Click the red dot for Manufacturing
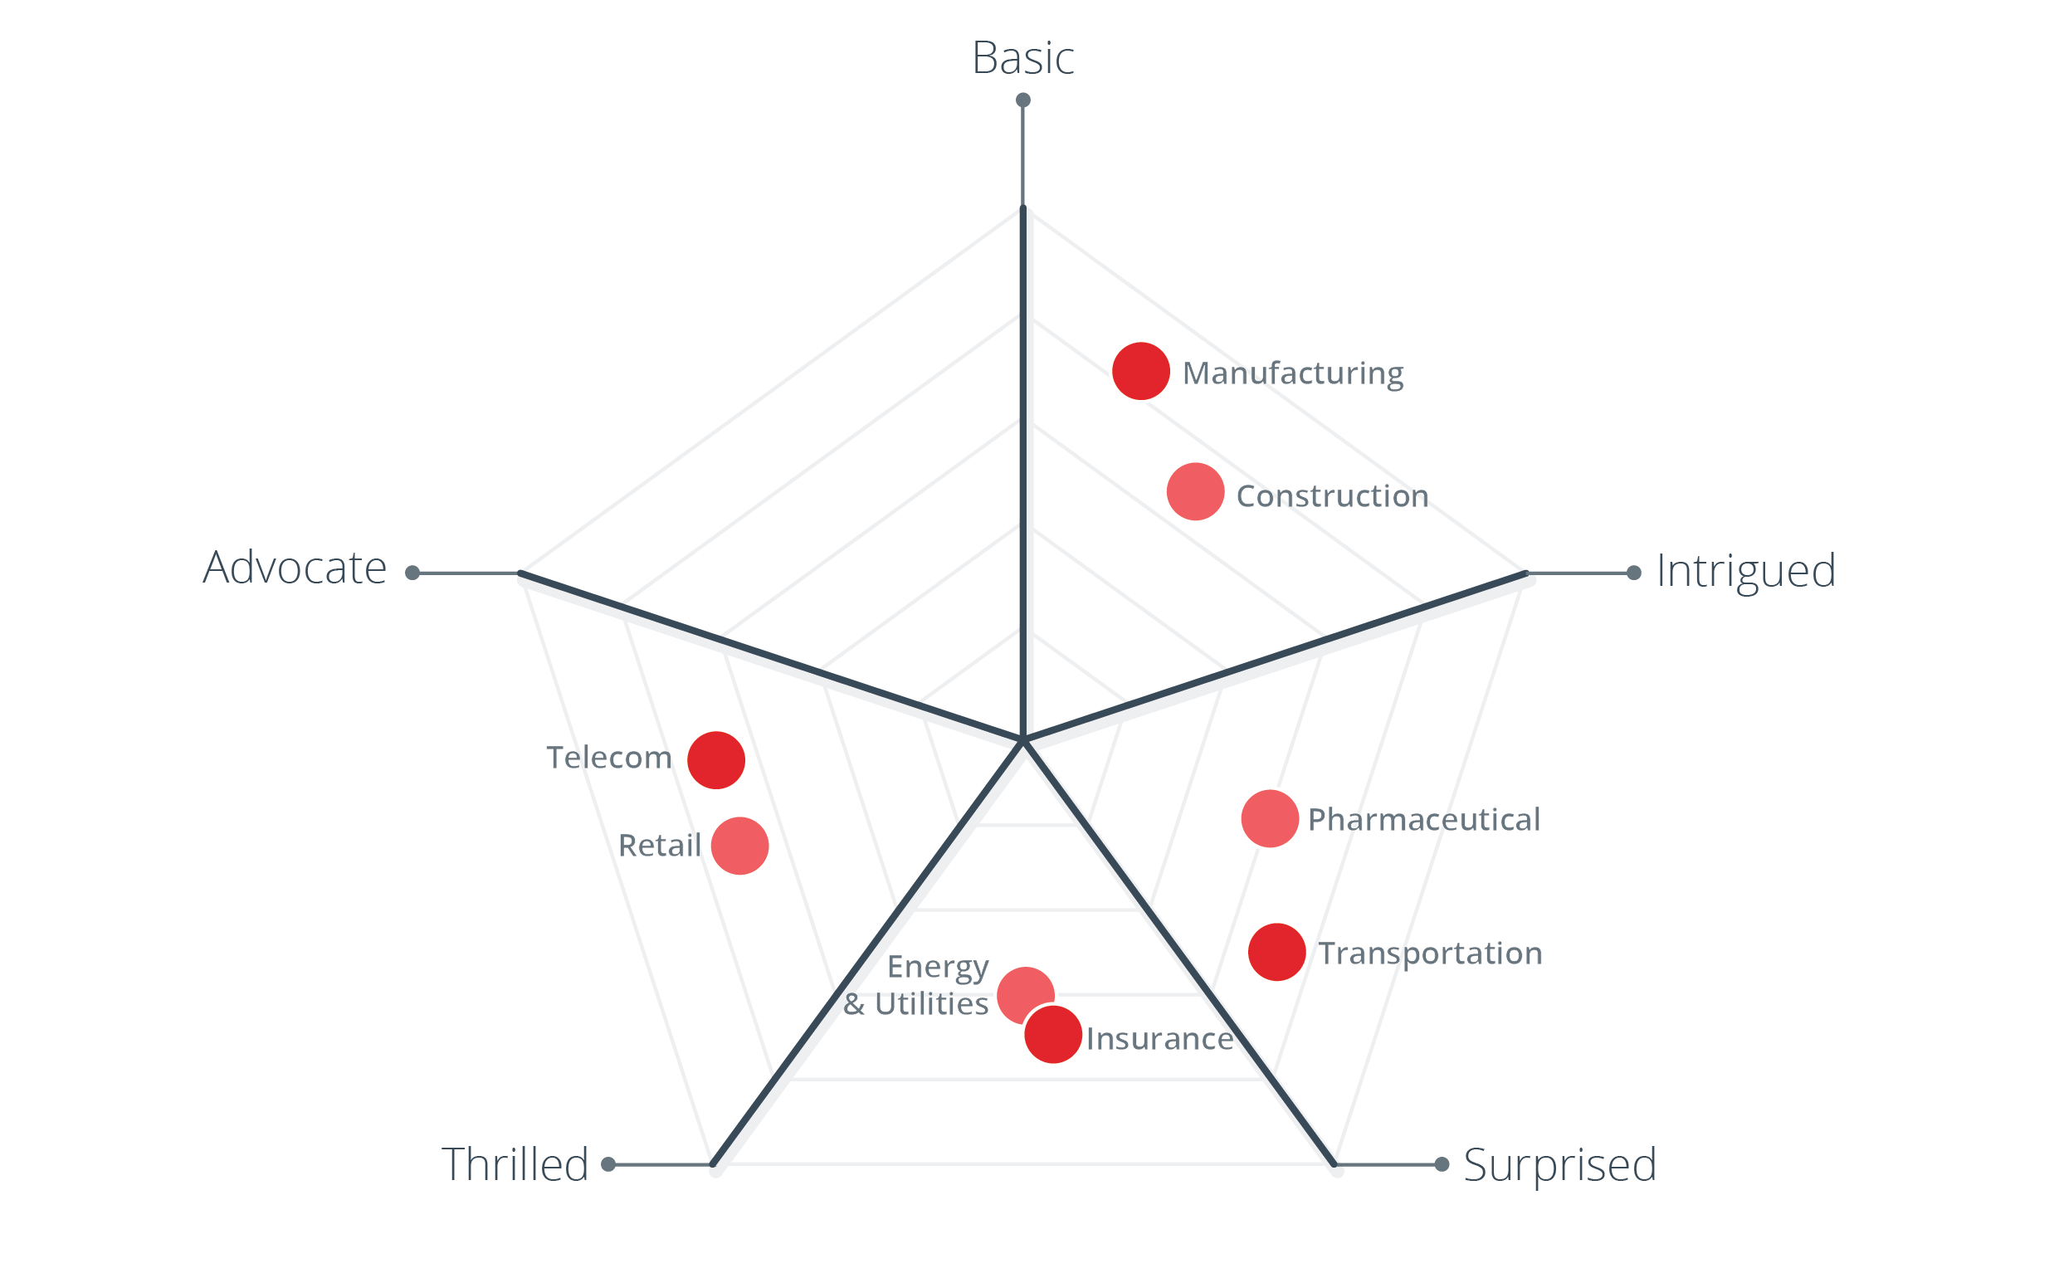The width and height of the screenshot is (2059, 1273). pos(1140,371)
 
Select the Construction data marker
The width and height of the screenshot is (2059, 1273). pos(1195,491)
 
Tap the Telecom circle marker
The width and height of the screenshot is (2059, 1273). pos(716,760)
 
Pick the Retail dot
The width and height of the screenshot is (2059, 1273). pos(740,846)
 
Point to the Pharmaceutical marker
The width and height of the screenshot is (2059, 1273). pos(1270,818)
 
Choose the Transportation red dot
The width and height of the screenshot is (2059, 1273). pos(1277,952)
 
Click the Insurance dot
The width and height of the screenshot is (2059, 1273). pos(1053,1035)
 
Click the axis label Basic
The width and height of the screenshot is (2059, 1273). pos(1022,58)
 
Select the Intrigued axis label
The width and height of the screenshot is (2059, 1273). pos(1746,572)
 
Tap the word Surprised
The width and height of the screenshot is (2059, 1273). pos(1560,1165)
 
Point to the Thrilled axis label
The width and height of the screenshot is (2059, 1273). pos(515,1165)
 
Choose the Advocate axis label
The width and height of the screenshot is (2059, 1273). pos(295,568)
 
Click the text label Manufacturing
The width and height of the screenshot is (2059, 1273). pos(1293,373)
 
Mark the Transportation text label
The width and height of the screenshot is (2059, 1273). pos(1430,953)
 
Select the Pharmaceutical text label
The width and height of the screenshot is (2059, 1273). pos(1423,819)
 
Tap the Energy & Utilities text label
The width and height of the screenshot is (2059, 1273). pos(918,985)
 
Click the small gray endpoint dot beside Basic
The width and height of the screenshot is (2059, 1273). pos(1022,100)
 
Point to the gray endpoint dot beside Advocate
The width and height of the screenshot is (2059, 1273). pos(412,573)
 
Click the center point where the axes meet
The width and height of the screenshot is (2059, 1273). pos(1022,740)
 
